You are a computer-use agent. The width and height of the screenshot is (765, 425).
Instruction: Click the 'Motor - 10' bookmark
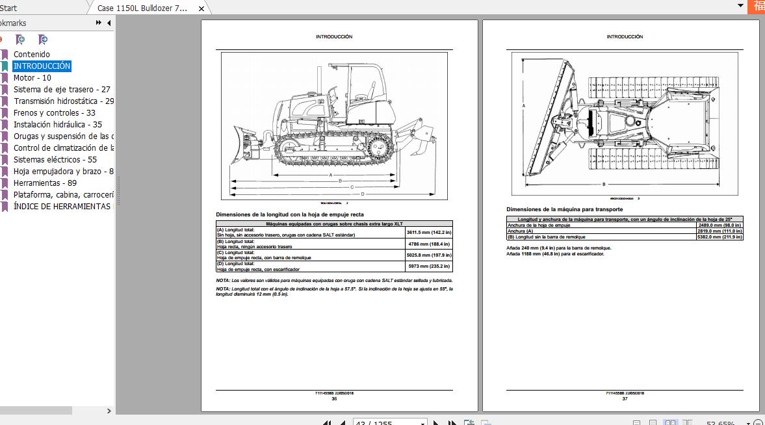32,78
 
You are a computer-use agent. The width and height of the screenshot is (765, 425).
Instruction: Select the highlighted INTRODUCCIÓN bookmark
42,66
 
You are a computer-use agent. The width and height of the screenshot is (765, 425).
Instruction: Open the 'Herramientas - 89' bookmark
45,183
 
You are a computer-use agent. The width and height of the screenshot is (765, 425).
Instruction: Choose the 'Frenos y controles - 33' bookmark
54,113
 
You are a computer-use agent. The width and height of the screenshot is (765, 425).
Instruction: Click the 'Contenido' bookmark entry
31,55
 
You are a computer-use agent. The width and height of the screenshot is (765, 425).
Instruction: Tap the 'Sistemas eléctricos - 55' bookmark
55,160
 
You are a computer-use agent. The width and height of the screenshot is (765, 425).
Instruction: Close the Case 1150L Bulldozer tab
201,8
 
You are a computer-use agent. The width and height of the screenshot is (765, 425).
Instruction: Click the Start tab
8,8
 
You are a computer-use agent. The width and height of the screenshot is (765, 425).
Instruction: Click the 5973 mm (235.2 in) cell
428,266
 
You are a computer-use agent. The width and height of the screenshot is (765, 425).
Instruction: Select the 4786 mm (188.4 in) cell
428,244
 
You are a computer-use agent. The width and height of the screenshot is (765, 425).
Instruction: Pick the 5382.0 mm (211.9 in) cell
720,237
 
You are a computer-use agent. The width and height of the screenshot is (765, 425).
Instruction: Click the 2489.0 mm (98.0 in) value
720,225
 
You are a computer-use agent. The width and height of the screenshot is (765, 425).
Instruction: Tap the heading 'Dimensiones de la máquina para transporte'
564,209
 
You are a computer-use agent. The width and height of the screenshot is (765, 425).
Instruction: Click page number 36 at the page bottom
334,399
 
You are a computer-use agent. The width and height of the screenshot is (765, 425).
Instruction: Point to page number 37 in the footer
625,399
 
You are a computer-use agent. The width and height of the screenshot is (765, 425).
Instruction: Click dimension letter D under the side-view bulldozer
363,194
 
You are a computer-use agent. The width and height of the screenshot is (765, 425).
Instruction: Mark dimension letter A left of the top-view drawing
524,104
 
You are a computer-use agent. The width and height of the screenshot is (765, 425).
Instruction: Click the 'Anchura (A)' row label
520,231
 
